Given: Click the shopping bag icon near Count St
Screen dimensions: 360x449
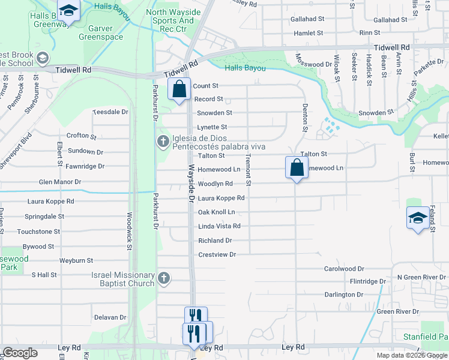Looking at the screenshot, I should [179, 89].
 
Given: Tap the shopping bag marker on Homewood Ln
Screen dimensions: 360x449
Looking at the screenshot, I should [297, 167].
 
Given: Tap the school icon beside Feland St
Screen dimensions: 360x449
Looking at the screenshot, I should [418, 218].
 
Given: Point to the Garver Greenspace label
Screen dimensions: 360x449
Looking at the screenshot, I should [106, 32].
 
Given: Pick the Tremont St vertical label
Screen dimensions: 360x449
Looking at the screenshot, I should [248, 169].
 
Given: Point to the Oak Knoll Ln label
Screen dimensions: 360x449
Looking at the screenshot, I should [216, 212].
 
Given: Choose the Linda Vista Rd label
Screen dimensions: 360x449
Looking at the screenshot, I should [219, 226].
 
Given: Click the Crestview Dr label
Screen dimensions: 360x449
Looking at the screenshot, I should [217, 254].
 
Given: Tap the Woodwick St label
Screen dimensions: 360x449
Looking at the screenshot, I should [129, 230].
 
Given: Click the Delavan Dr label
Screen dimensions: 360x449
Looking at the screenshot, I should [110, 317].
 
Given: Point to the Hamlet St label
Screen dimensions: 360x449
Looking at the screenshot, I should [308, 33].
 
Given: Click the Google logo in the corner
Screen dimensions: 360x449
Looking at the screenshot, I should [20, 353].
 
